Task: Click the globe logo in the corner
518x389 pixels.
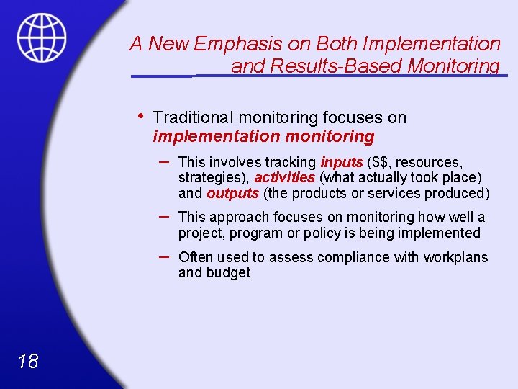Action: [42, 37]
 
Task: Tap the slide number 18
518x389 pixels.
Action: [28, 361]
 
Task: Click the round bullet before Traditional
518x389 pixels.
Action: [142, 116]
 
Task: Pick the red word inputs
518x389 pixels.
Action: [342, 162]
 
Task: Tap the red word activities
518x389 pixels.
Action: [284, 177]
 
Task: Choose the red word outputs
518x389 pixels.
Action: [232, 193]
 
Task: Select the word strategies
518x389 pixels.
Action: [212, 178]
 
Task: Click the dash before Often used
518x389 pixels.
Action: [164, 256]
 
